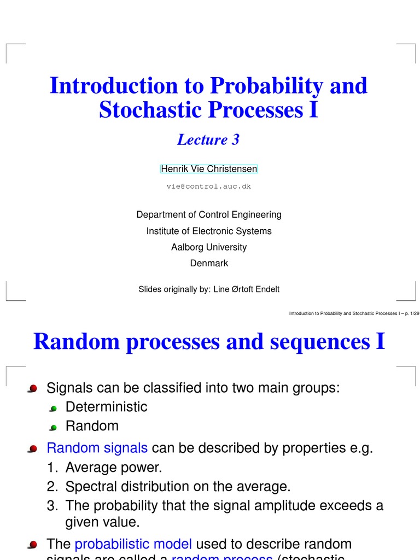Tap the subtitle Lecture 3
click(208, 140)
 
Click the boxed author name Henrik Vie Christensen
click(209, 169)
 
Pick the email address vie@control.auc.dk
click(209, 186)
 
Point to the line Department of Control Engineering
click(209, 215)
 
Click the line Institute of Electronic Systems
click(209, 231)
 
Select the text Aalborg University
click(209, 247)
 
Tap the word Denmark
click(209, 264)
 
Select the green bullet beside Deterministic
click(54, 409)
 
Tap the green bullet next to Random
click(54, 427)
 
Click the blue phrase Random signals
click(97, 448)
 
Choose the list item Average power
click(114, 468)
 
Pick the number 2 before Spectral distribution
click(51, 487)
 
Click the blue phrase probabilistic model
click(133, 544)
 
